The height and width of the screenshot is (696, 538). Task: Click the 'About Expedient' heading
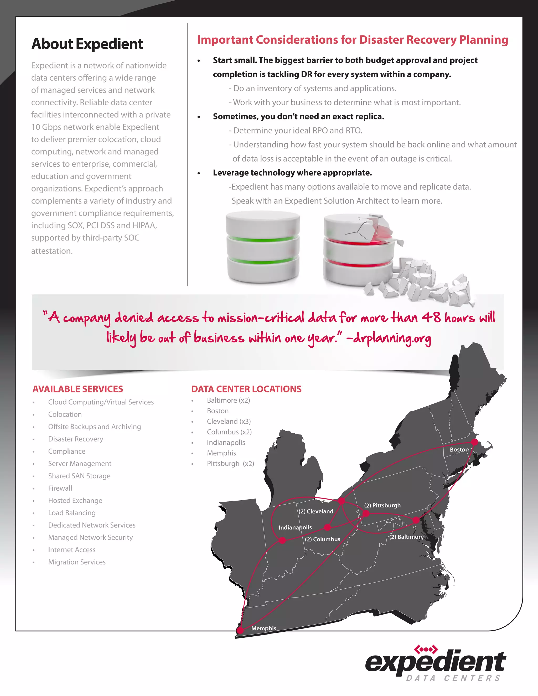coord(87,44)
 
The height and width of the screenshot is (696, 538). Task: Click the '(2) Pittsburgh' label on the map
coord(382,505)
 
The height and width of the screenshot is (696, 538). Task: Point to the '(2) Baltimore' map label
coord(407,537)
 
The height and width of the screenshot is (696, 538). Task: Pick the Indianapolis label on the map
coord(295,527)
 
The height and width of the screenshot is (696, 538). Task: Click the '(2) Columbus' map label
coord(322,539)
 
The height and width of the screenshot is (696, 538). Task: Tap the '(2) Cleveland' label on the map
coord(316,511)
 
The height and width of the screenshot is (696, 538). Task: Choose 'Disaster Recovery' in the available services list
coord(76,439)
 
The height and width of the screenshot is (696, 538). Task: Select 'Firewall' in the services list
coord(60,488)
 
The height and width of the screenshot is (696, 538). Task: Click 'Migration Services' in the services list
coord(77,562)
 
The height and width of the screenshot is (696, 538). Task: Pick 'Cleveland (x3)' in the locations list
coord(229,421)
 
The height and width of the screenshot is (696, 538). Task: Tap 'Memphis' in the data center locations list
coord(221,453)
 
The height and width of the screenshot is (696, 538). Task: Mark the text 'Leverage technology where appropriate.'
coord(292,173)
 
